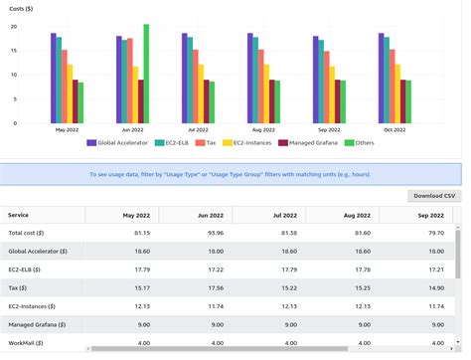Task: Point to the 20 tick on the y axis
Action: click(x=13, y=26)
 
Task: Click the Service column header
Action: click(x=19, y=214)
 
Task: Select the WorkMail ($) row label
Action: click(x=27, y=342)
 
